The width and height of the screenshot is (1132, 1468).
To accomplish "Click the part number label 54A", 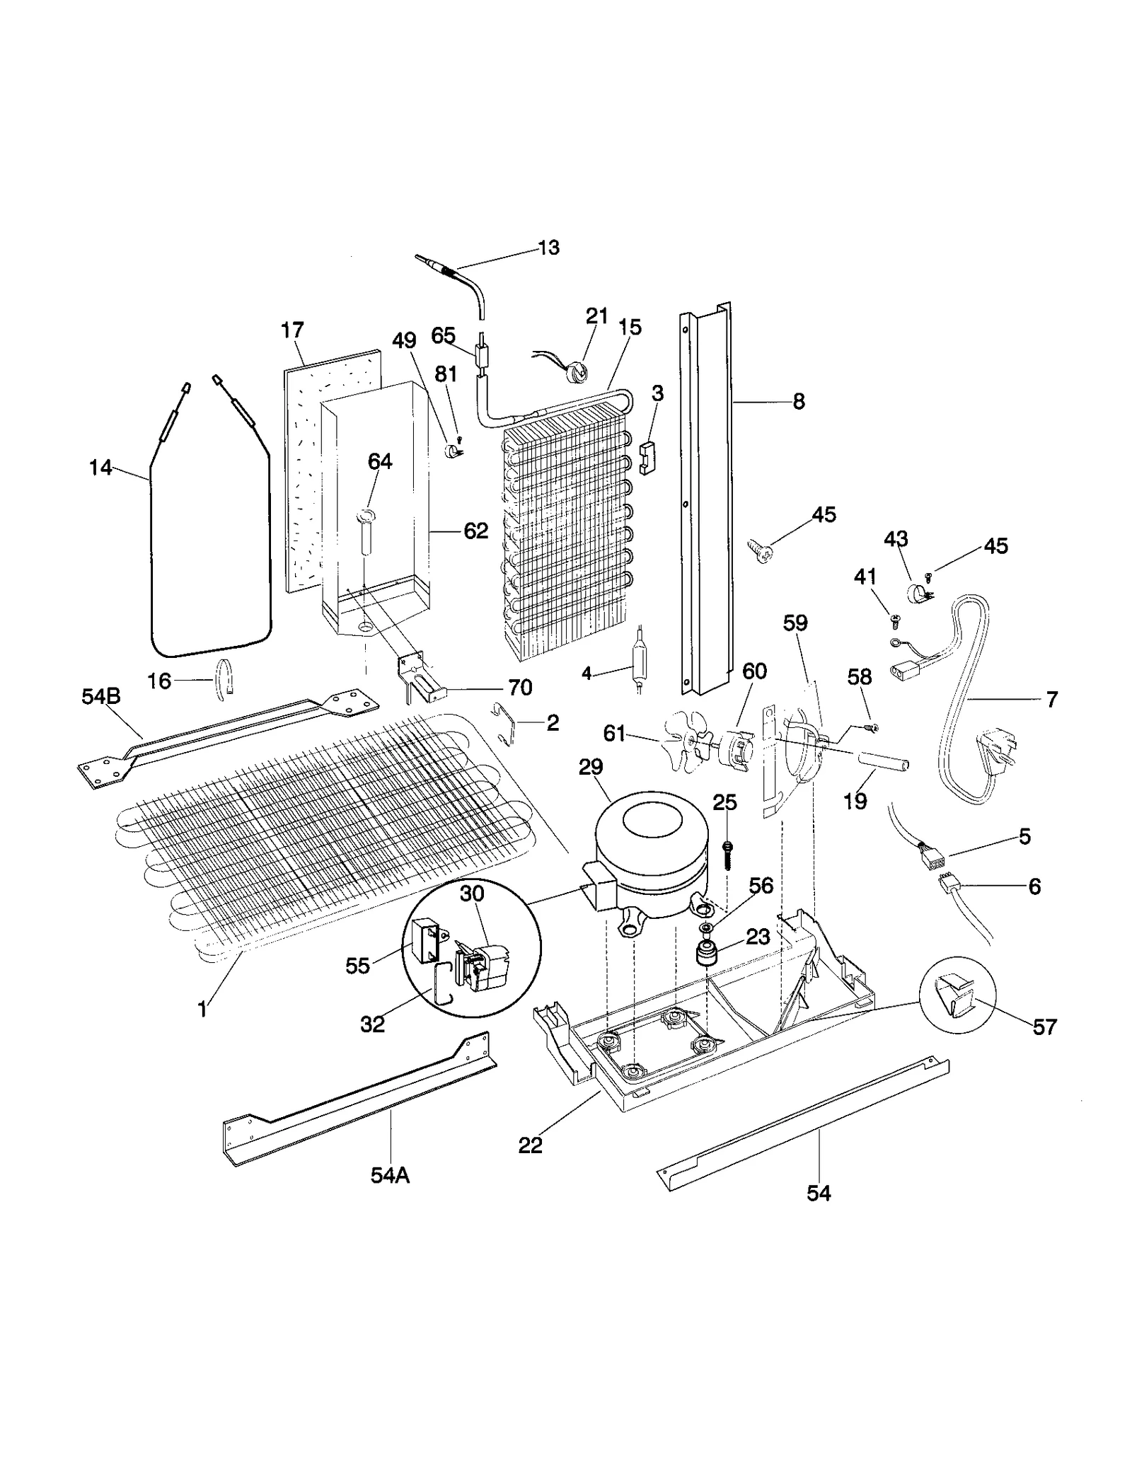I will pos(390,1174).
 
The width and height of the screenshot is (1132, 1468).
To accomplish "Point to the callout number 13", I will pos(548,248).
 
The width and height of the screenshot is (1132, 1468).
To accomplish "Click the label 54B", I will pos(101,696).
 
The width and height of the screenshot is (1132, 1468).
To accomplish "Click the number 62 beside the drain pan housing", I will pos(476,531).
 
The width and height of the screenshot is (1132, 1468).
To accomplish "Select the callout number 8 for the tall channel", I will pos(799,401).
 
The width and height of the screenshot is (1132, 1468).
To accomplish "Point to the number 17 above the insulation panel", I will pos(292,330).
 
